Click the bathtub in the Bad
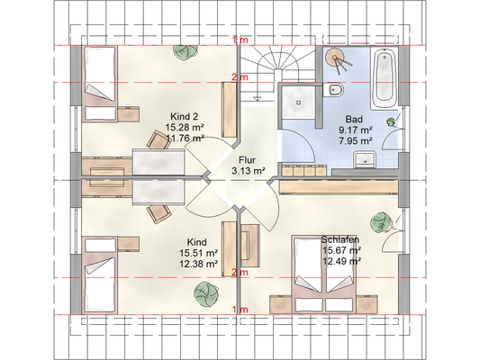coord(385,78)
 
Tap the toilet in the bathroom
coord(333,90)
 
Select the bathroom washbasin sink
coord(365,159)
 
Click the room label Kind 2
coord(185,116)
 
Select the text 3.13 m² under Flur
coord(249,171)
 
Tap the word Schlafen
coord(340,239)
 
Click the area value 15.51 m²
coord(199,253)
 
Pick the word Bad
coord(354,119)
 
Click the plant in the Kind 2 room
coord(186,52)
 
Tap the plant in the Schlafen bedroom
coord(381,223)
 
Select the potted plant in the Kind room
coord(206,294)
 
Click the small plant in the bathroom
coord(391,122)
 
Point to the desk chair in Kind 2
coord(158,140)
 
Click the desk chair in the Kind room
coord(158,214)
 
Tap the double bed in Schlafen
coord(323,274)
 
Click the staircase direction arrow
coord(258,98)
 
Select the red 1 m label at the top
coord(240,40)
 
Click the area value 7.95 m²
coord(356,141)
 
